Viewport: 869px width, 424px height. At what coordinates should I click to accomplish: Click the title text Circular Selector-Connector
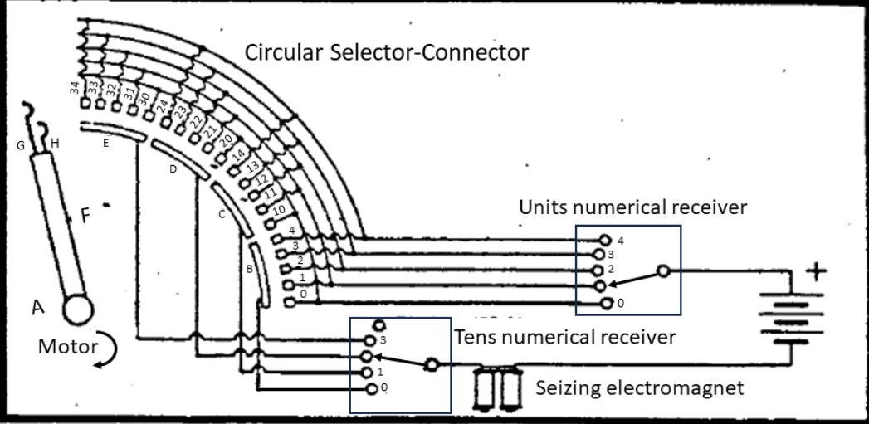point(386,52)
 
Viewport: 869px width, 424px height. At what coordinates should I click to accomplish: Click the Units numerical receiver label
point(632,207)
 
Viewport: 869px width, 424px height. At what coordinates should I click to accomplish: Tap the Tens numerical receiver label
point(565,337)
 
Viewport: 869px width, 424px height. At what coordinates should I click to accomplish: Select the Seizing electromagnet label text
point(639,387)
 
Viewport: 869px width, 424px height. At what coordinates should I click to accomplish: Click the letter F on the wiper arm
point(85,217)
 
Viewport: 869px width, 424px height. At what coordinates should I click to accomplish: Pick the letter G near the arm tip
point(20,146)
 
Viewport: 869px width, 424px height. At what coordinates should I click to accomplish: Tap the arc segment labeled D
point(173,168)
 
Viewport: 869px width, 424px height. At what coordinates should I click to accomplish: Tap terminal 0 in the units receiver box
point(606,304)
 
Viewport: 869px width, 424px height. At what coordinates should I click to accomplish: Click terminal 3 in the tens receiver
point(371,339)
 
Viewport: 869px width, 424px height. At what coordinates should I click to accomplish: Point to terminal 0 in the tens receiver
point(371,388)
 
